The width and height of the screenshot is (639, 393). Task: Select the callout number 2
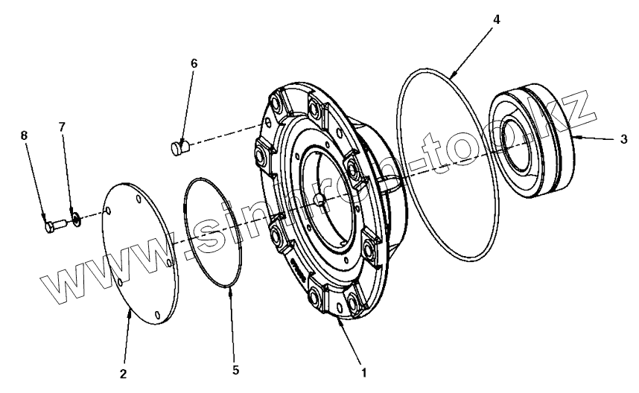click(x=124, y=371)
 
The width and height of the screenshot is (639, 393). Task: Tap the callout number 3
click(x=623, y=138)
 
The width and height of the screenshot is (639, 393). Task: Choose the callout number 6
click(x=194, y=63)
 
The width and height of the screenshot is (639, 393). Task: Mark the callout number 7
click(x=63, y=127)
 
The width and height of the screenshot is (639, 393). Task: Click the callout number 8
click(x=24, y=135)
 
